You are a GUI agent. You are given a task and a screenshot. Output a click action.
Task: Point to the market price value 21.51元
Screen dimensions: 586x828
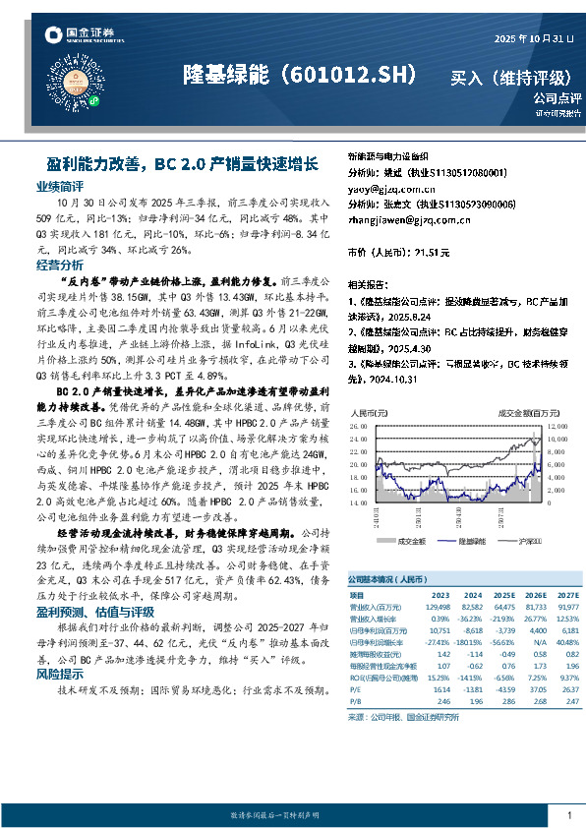(x=432, y=253)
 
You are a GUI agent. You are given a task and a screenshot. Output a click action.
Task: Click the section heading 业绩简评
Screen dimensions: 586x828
(x=59, y=185)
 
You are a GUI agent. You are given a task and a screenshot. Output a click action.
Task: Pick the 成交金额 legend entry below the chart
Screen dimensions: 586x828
(x=408, y=541)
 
